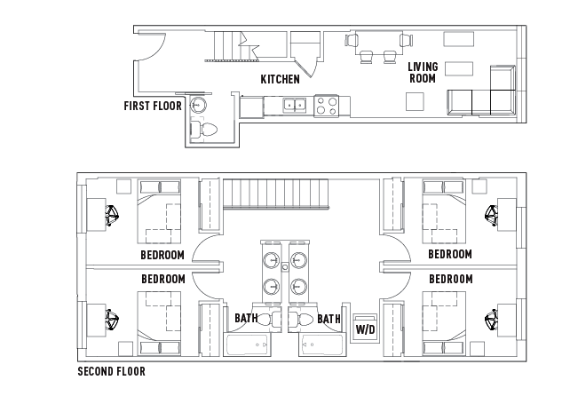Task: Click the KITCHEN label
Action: (x=280, y=79)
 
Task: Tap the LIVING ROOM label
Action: (x=423, y=72)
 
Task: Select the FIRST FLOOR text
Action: (x=153, y=106)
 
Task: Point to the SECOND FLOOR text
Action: (x=111, y=372)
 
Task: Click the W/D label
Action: (x=365, y=329)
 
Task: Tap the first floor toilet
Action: (x=208, y=131)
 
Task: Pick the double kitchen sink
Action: (x=295, y=106)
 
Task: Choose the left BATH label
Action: (x=246, y=318)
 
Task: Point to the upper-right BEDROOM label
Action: (x=449, y=255)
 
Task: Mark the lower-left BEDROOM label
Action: (x=162, y=279)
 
